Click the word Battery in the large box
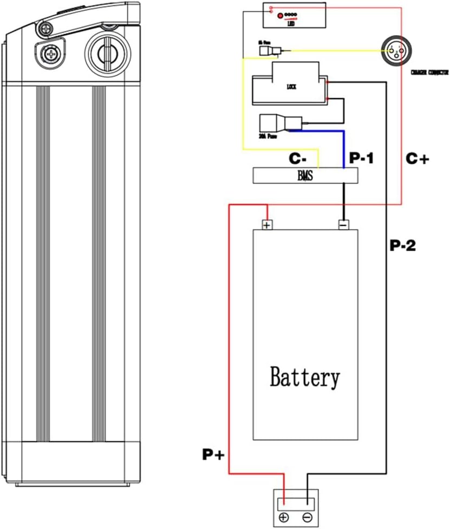[305, 377]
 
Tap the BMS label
[305, 176]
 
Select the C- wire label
[298, 158]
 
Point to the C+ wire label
[418, 158]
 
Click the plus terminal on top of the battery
[266, 224]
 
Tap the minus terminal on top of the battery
[343, 224]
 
